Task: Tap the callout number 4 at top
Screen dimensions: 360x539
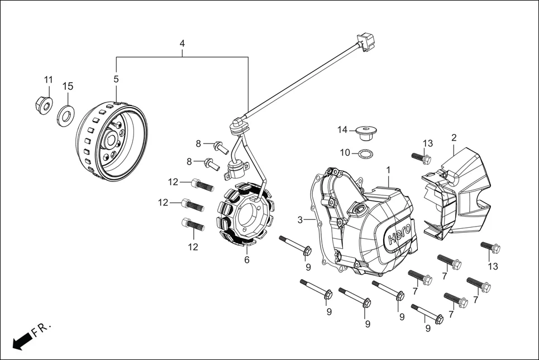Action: pyautogui.click(x=182, y=44)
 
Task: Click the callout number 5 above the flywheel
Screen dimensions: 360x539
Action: pyautogui.click(x=116, y=79)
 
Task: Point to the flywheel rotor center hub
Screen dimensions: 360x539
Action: pyautogui.click(x=110, y=141)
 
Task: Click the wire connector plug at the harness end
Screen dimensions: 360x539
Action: pyautogui.click(x=366, y=41)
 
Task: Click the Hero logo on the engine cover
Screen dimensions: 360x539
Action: pyautogui.click(x=399, y=233)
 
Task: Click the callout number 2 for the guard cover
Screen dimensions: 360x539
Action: pyautogui.click(x=454, y=137)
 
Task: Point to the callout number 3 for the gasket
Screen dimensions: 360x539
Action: pyautogui.click(x=300, y=220)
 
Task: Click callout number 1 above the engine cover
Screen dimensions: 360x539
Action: pyautogui.click(x=388, y=169)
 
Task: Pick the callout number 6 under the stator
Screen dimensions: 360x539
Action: pyautogui.click(x=247, y=260)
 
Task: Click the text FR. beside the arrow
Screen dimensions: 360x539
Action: pyautogui.click(x=41, y=329)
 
